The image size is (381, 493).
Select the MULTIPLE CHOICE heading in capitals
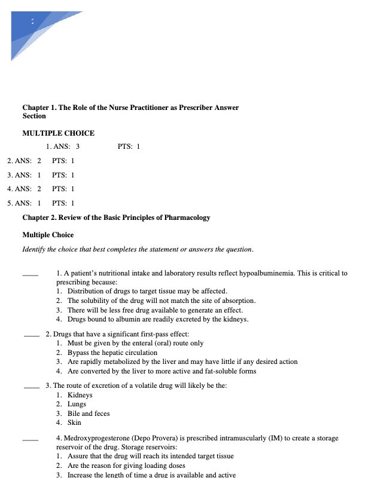click(x=58, y=133)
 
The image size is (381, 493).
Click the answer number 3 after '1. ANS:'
click(x=78, y=146)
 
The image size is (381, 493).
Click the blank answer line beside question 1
click(x=30, y=275)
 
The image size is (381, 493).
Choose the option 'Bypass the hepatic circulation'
click(x=111, y=353)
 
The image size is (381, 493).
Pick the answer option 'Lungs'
click(x=77, y=405)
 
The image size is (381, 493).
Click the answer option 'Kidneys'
click(x=80, y=395)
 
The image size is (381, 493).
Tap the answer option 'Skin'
click(x=74, y=422)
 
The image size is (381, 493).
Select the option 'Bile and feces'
click(x=89, y=414)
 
